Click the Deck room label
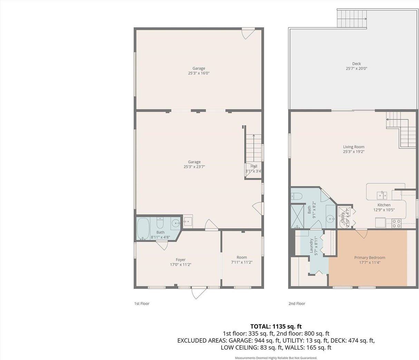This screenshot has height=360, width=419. (356, 64)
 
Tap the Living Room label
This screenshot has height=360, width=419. (353, 147)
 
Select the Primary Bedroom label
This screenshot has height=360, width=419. (369, 257)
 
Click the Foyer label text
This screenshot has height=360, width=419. (181, 260)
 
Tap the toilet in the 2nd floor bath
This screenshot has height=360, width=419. (297, 196)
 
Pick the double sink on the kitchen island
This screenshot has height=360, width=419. (382, 195)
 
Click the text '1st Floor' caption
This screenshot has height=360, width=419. (142, 304)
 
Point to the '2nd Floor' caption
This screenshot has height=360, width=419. (297, 304)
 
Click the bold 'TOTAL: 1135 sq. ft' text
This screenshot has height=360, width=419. (276, 326)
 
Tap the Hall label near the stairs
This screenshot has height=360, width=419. (254, 166)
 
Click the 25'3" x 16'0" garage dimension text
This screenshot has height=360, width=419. (199, 73)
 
